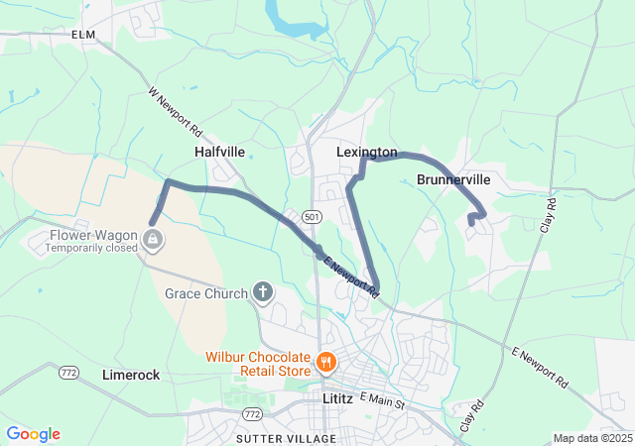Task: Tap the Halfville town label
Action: pyautogui.click(x=219, y=152)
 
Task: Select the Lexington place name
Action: pyautogui.click(x=366, y=153)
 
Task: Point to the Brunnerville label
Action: pyautogui.click(x=453, y=180)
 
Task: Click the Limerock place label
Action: pyautogui.click(x=131, y=375)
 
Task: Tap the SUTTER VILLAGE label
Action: pyautogui.click(x=286, y=438)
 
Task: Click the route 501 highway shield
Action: pyautogui.click(x=313, y=216)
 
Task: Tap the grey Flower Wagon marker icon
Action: pyautogui.click(x=153, y=238)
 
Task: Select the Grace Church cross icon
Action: pyautogui.click(x=263, y=291)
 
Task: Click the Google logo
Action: pyautogui.click(x=33, y=434)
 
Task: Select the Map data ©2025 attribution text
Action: pyautogui.click(x=591, y=438)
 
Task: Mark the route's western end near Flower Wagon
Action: pyautogui.click(x=152, y=222)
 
